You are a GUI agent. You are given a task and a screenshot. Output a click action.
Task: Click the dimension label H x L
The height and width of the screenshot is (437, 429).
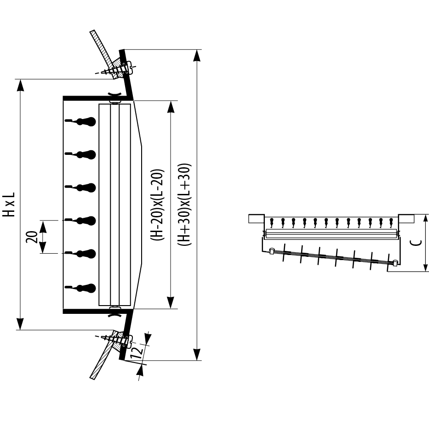tap(8, 204)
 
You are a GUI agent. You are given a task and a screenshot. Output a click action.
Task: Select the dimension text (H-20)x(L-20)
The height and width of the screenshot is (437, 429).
tap(157, 205)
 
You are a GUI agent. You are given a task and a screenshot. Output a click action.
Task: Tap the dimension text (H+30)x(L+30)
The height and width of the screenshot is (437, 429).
tap(184, 204)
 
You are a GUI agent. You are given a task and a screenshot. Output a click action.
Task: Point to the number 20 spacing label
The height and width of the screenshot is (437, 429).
tap(32, 237)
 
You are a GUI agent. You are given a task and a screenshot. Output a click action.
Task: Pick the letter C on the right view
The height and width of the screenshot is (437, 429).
tap(416, 243)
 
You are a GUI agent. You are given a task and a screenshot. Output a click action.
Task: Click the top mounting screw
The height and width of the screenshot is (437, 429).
tap(117, 68)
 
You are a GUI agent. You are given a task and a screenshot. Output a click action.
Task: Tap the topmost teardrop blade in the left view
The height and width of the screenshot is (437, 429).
tap(80, 121)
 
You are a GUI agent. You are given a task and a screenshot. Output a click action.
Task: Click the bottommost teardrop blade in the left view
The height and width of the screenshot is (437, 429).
tap(80, 288)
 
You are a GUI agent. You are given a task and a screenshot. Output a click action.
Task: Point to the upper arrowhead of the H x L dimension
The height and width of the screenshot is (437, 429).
tap(20, 85)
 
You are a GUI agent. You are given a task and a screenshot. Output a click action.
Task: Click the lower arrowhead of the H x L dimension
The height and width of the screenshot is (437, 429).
tap(20, 324)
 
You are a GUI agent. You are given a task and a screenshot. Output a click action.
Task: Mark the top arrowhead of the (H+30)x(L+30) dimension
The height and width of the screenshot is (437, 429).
tap(197, 56)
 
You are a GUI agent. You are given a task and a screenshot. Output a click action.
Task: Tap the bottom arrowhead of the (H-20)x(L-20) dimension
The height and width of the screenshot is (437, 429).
tap(171, 303)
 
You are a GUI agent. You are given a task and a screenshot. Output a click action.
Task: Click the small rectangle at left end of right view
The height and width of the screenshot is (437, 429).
tap(256, 219)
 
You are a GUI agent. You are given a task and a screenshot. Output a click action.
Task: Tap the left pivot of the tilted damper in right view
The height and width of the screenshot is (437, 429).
tap(271, 251)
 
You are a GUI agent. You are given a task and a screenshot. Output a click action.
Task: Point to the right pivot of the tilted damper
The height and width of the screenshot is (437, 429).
tap(395, 262)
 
